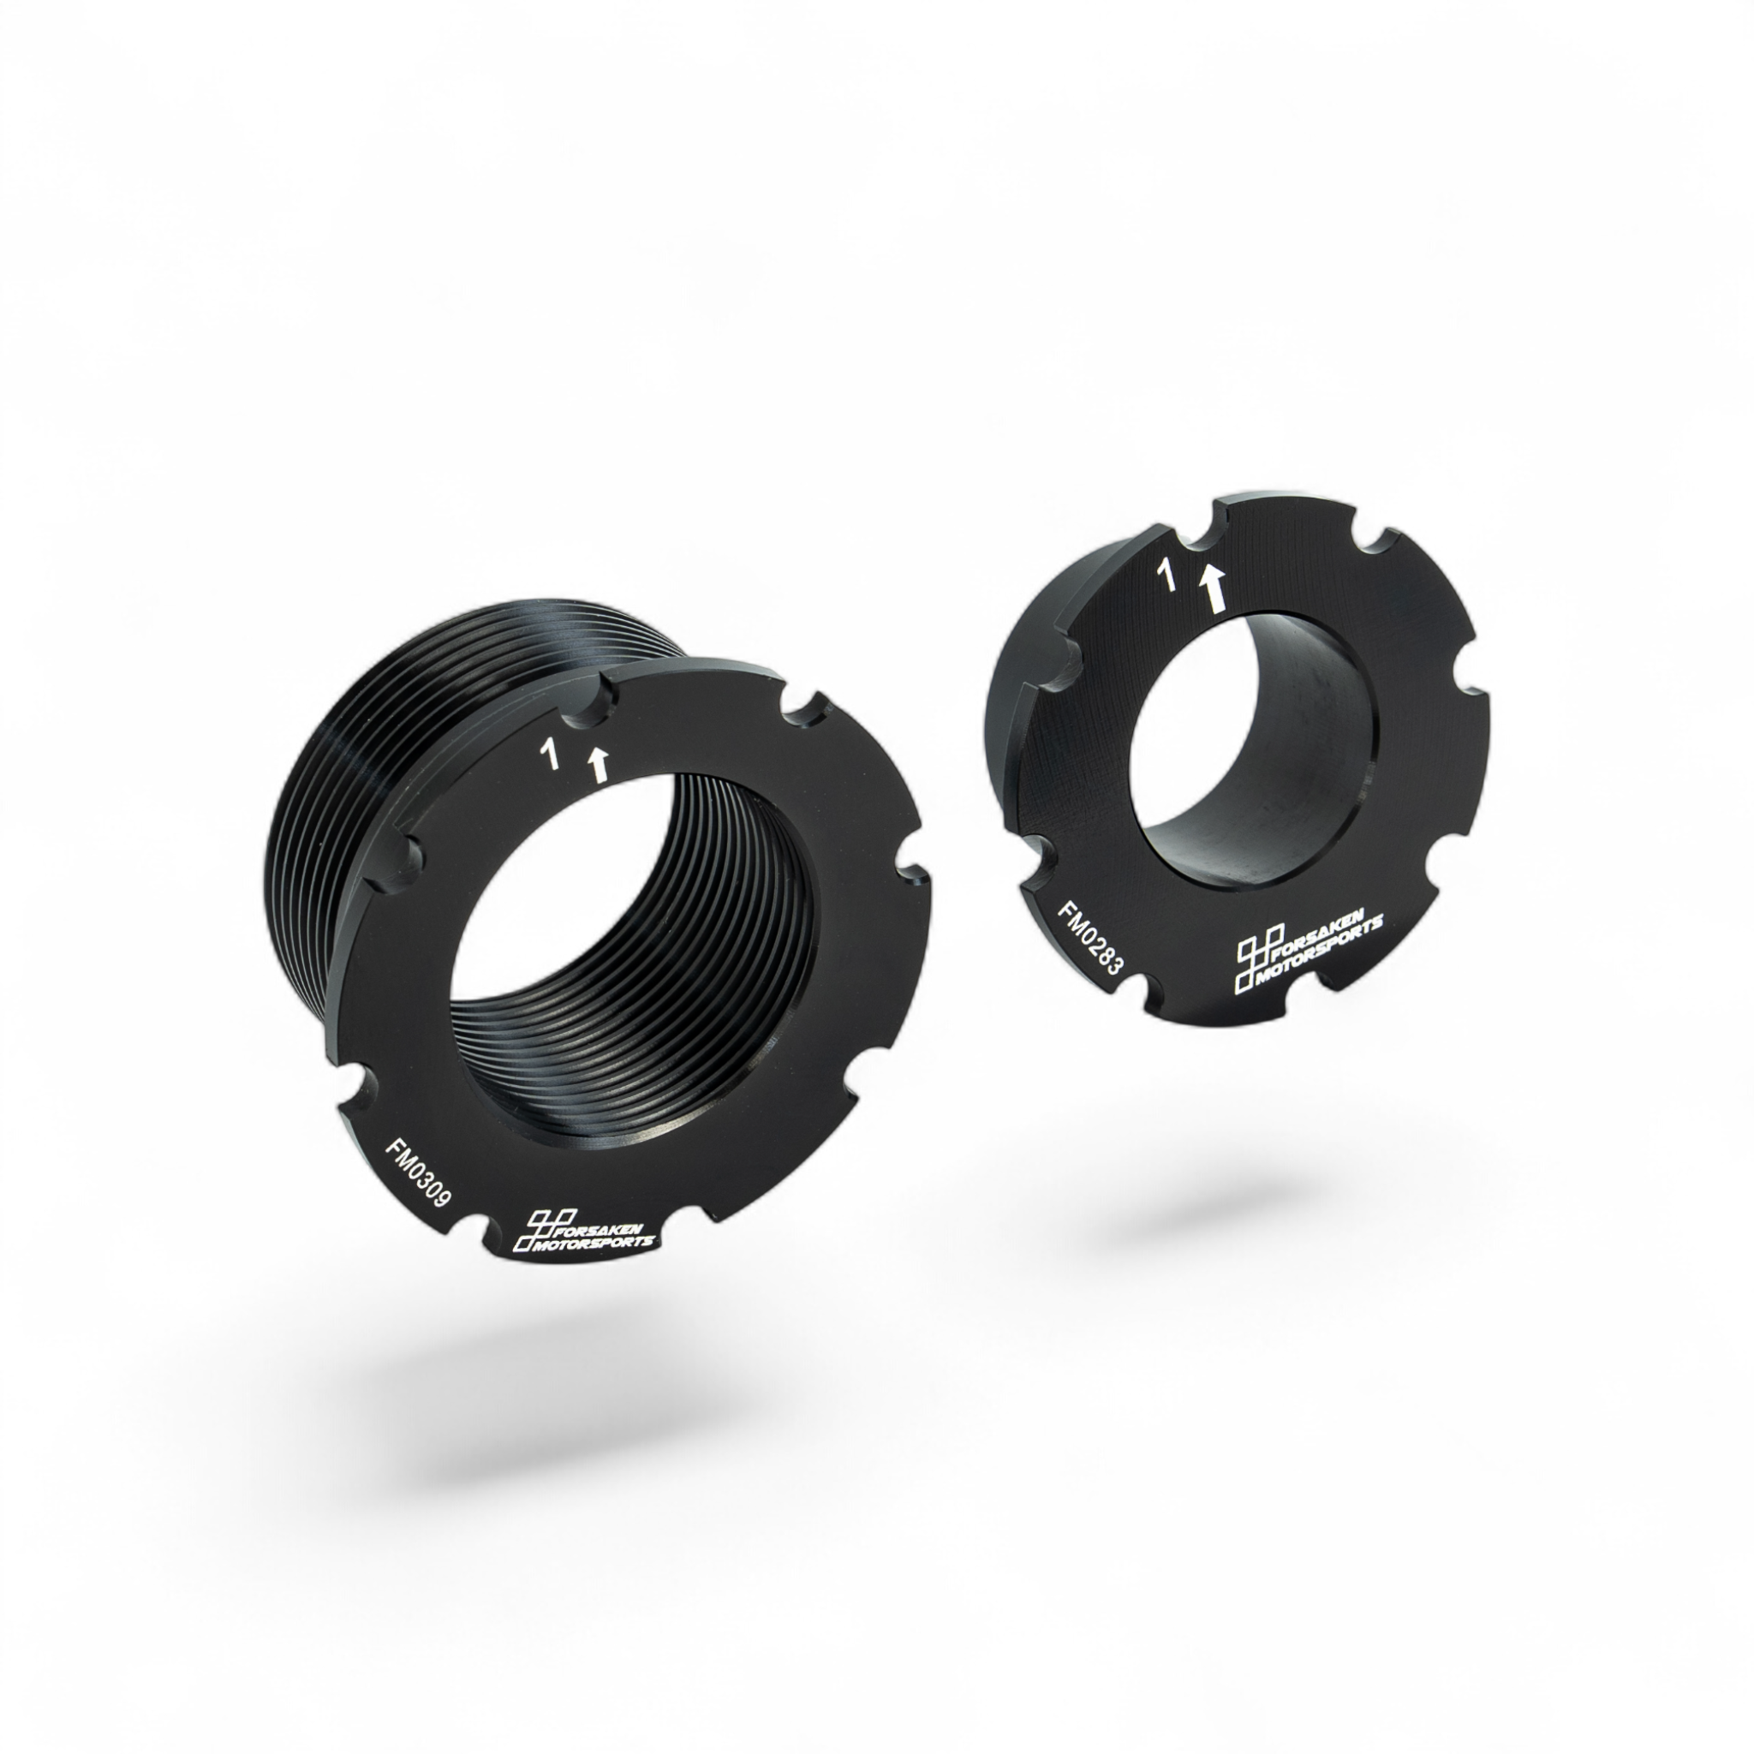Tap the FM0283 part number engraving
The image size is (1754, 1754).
tap(1090, 936)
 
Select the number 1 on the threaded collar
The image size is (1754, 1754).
tap(548, 755)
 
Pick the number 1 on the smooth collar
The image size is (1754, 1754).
tap(1166, 575)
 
